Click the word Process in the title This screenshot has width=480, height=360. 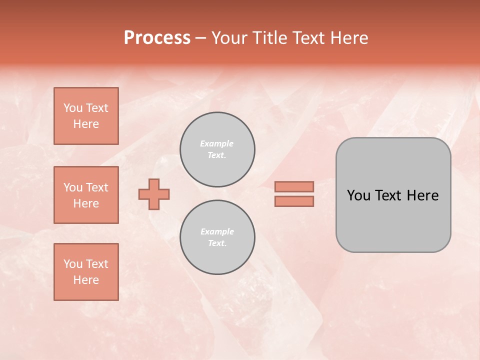(x=157, y=38)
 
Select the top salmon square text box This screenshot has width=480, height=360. (x=86, y=116)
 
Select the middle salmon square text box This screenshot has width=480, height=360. (x=86, y=195)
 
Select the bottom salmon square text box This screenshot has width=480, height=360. (x=86, y=272)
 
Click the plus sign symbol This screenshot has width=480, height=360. (x=154, y=194)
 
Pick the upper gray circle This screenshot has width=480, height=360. (x=217, y=149)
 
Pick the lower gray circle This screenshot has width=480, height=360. (x=217, y=237)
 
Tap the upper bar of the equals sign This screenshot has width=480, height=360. (x=294, y=186)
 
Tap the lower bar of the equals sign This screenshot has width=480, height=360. (x=294, y=201)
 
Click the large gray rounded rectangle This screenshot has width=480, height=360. (x=393, y=220)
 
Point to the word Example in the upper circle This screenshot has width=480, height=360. (x=216, y=143)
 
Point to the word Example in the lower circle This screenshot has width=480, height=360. (x=217, y=231)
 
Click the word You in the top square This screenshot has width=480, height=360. (x=73, y=108)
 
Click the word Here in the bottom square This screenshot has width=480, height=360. (x=86, y=280)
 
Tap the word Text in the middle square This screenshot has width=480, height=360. (x=97, y=187)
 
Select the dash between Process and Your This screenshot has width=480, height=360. (x=200, y=38)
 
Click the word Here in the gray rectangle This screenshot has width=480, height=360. (x=422, y=195)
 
